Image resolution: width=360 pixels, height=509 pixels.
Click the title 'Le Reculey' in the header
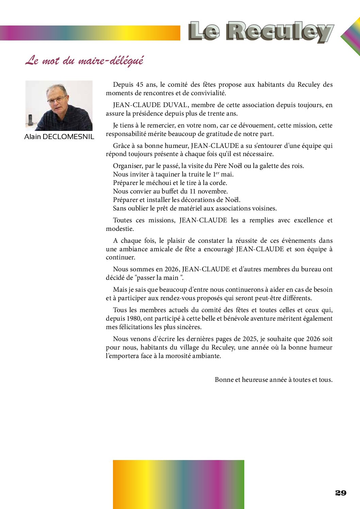pos(261,32)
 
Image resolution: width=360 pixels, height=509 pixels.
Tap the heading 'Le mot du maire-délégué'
pos(84,61)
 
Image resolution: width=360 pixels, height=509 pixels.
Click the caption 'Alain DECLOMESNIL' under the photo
pos(59,137)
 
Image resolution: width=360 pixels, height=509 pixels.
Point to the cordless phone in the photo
pos(31,121)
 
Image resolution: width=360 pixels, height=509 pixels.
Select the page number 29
pos(341,493)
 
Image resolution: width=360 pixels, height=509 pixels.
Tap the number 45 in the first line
pos(140,85)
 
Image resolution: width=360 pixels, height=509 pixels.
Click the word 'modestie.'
pos(120,229)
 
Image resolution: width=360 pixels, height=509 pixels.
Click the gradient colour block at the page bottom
pos(179,484)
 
